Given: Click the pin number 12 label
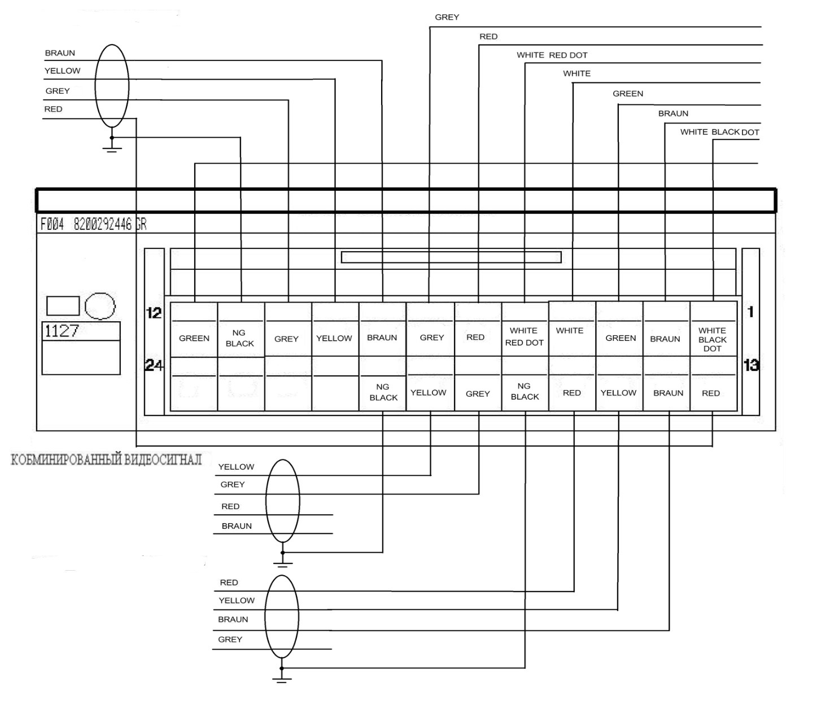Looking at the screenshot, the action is coord(154,313).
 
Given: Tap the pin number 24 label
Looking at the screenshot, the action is coord(154,365).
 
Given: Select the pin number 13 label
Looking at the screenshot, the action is coord(751,365).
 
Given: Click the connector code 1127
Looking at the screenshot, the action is coord(62,331).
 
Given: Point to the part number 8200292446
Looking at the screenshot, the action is coord(103,224).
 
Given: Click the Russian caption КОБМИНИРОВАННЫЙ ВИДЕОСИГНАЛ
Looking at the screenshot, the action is coord(106,459).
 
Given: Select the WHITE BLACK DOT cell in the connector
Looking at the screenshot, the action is coord(713,339).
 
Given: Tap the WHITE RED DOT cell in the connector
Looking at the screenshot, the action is coord(525,336).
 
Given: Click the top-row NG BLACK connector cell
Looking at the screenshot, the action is coord(240,338).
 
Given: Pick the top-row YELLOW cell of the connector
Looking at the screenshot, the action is coord(334,338).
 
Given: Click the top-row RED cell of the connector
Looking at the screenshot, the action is coord(476,337).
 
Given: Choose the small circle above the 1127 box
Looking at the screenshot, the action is coord(100,306).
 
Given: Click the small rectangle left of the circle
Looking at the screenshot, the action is coord(63,305).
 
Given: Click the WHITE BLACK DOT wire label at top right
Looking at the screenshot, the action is coord(720,132).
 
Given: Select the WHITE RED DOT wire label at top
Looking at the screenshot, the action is coord(552,55).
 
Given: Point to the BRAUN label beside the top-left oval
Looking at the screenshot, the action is coord(60,52).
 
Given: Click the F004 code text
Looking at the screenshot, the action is coord(52,224).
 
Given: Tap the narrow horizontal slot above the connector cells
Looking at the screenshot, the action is coord(451,257).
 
